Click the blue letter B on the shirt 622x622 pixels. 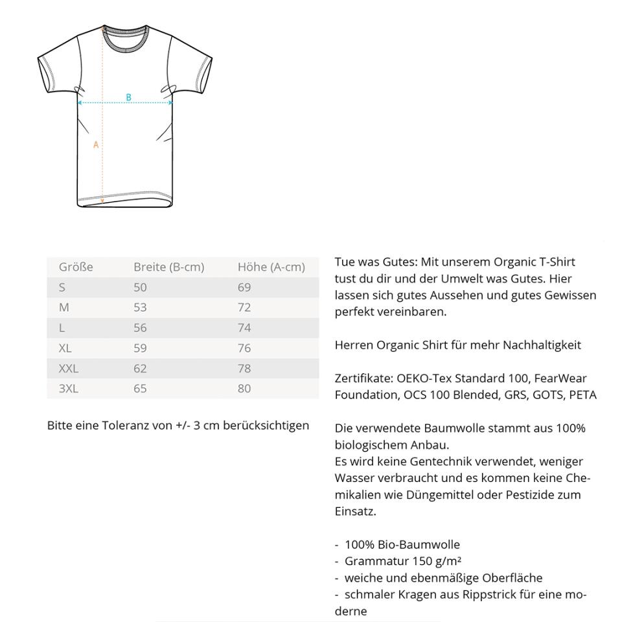pyautogui.click(x=128, y=97)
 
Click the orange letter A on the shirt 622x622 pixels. pyautogui.click(x=96, y=144)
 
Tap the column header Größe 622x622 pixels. pyautogui.click(x=76, y=267)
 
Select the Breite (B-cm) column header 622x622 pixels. pyautogui.click(x=168, y=267)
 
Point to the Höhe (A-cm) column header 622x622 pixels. pyautogui.click(x=271, y=267)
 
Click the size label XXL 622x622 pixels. pyautogui.click(x=68, y=368)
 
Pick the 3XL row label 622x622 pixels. pyautogui.click(x=68, y=389)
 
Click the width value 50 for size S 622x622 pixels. pyautogui.click(x=140, y=287)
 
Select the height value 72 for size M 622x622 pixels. pyautogui.click(x=244, y=307)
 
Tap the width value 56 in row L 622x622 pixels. pyautogui.click(x=140, y=328)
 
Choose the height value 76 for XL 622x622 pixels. pyautogui.click(x=244, y=348)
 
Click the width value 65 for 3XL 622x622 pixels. pyautogui.click(x=140, y=389)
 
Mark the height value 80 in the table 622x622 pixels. pyautogui.click(x=244, y=389)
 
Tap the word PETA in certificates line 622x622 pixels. pyautogui.click(x=582, y=395)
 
